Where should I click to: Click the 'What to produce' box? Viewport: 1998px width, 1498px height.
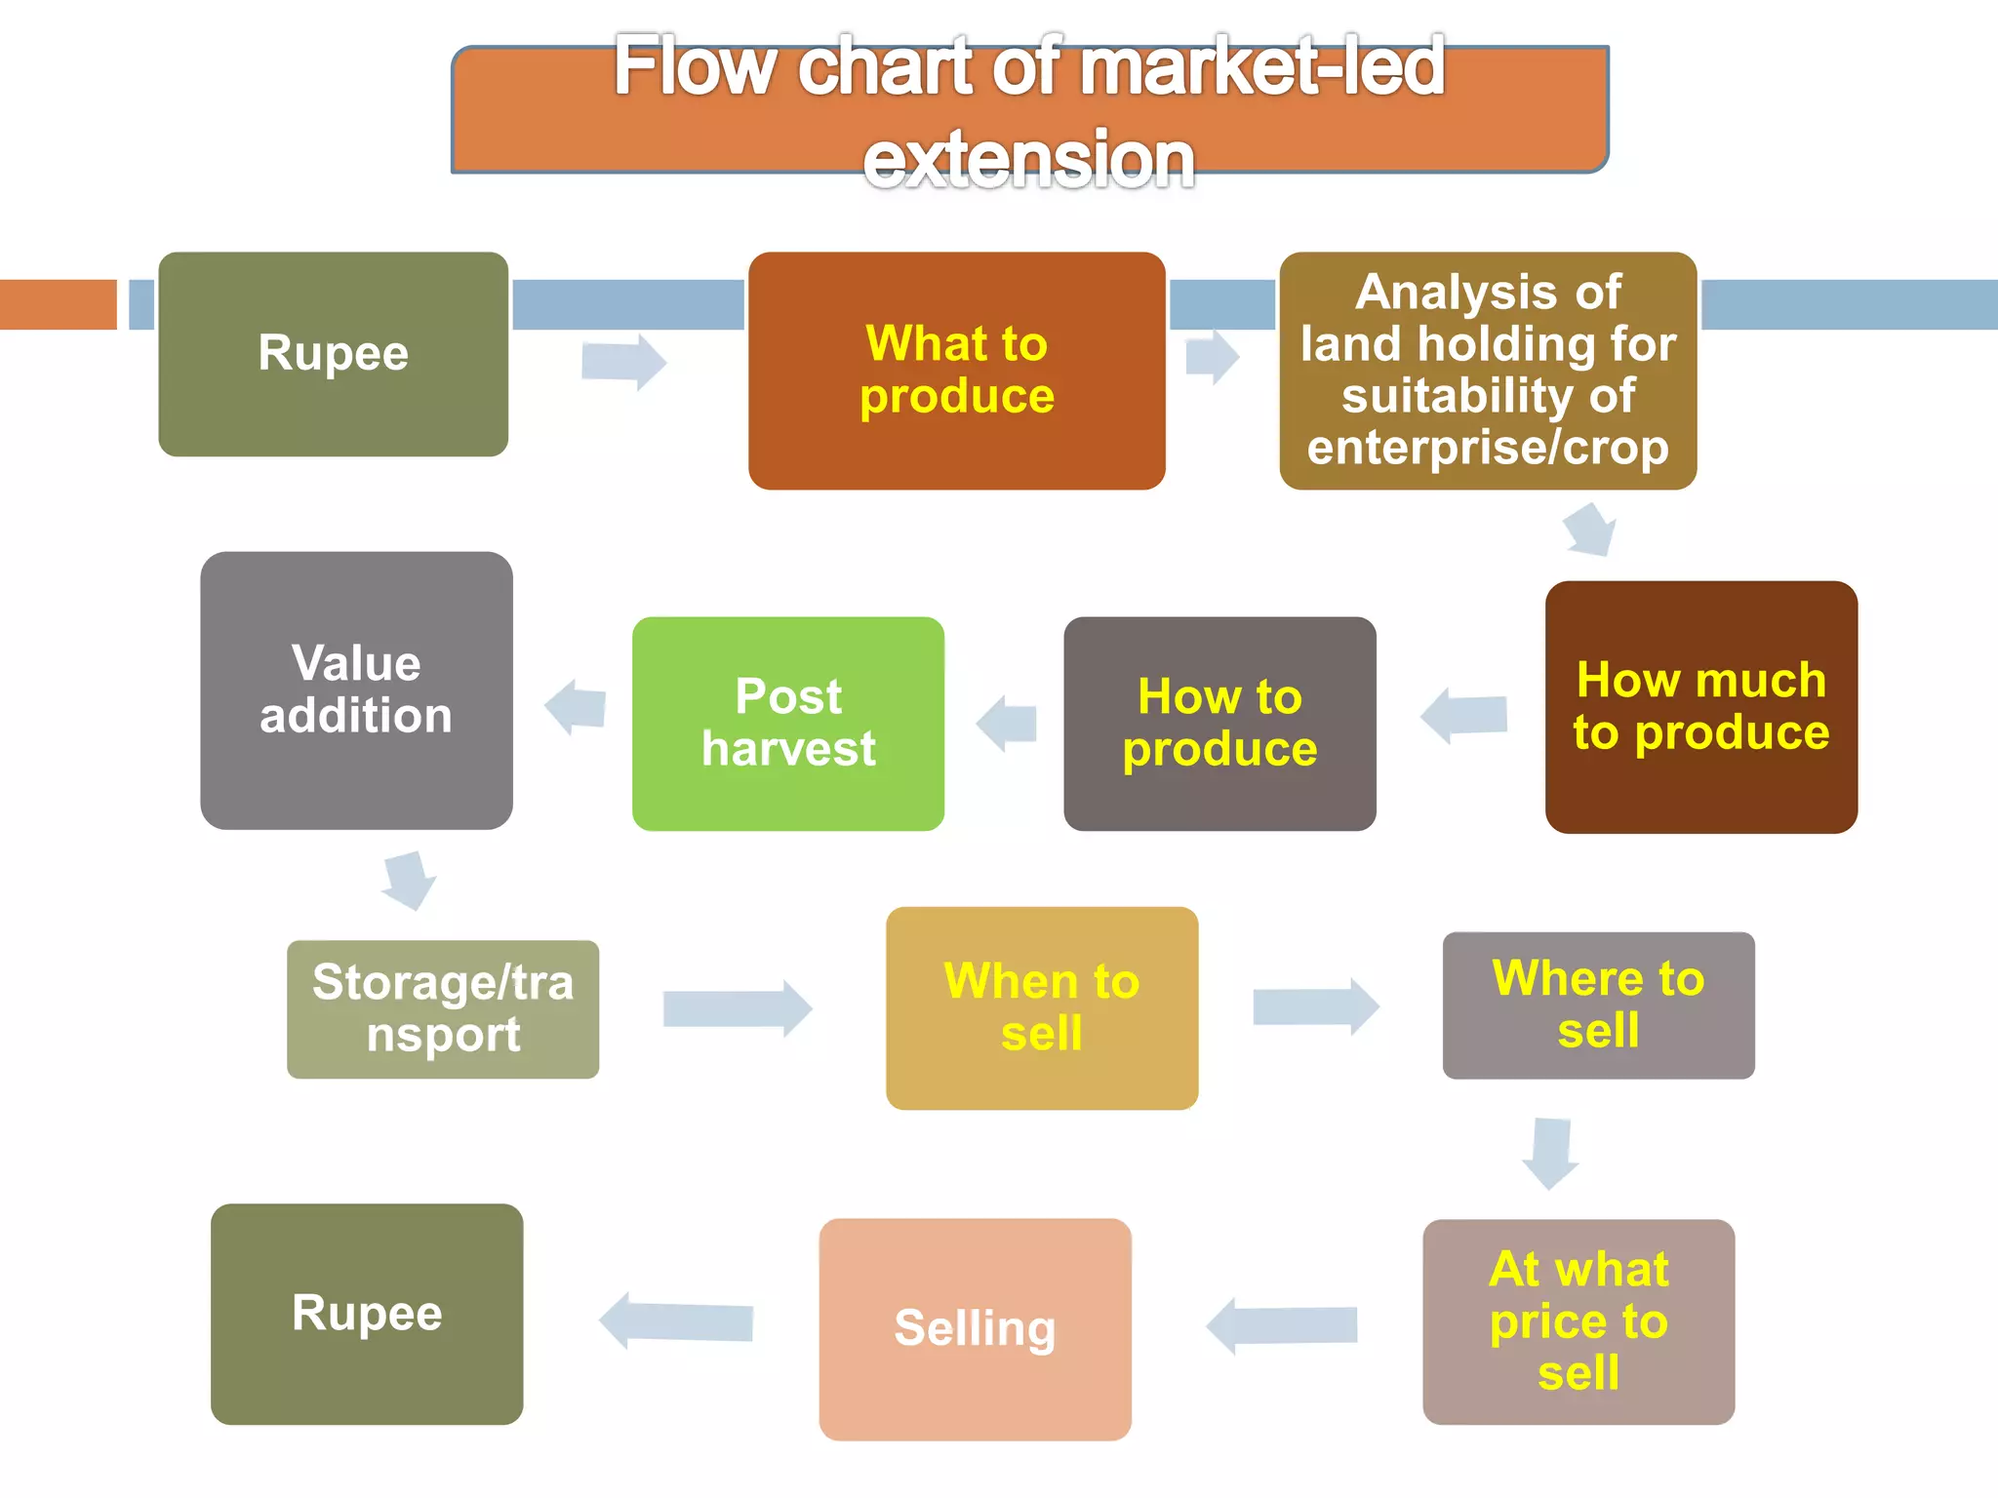[956, 371]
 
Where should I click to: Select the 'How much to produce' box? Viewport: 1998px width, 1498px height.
[1700, 707]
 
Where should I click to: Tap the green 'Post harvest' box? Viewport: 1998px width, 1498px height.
[787, 724]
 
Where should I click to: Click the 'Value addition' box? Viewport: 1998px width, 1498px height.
[356, 690]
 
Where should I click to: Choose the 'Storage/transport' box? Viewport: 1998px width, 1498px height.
[443, 1008]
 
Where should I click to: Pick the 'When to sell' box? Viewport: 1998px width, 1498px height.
[1041, 1007]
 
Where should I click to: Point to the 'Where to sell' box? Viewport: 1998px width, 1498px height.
[1598, 1005]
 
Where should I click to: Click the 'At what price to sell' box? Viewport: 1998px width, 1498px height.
[1578, 1321]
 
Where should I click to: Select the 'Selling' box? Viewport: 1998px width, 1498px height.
[975, 1328]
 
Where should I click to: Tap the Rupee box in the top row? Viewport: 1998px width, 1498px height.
[333, 354]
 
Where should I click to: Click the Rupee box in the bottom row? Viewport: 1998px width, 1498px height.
[367, 1314]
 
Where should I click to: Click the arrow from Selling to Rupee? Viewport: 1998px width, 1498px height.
[675, 1321]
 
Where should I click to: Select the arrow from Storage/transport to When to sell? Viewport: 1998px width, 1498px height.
[738, 1008]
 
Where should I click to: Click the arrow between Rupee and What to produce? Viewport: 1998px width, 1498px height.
[623, 362]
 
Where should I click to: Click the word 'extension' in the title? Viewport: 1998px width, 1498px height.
[1028, 159]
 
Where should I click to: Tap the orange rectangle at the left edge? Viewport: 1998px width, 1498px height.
[58, 304]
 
